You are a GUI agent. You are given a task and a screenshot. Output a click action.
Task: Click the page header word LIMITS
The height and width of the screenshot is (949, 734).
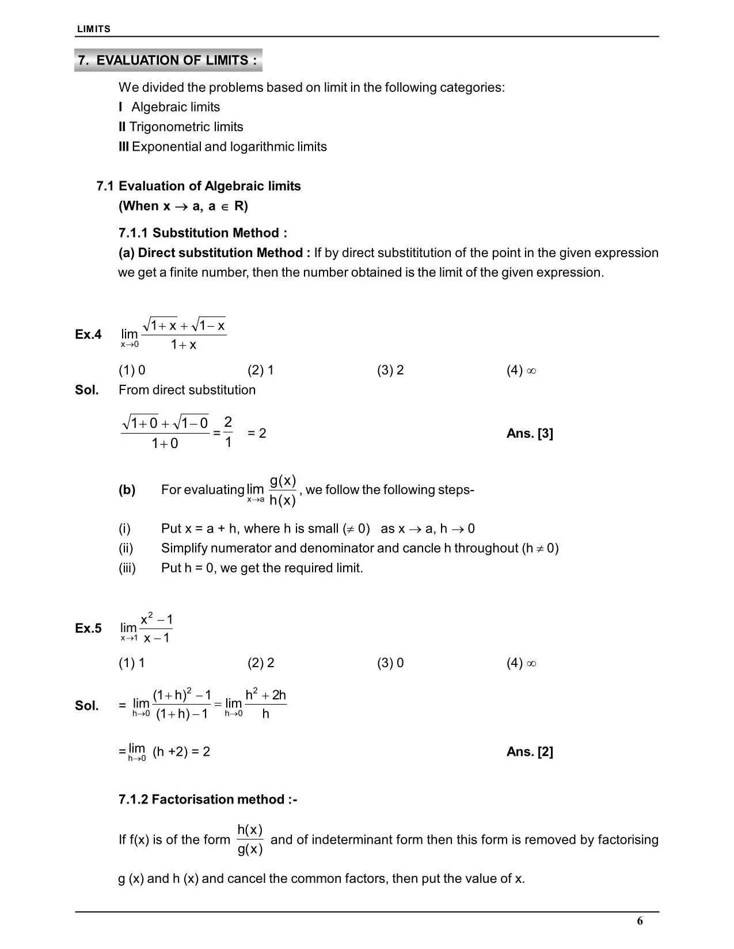[x=94, y=29]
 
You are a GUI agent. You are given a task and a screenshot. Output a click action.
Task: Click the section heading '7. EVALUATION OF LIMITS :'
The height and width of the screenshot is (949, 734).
[x=168, y=60]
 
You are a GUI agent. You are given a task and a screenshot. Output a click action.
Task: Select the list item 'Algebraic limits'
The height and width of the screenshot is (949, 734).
[x=175, y=107]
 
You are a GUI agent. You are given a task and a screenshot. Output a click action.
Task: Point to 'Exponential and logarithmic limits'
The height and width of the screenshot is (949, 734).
[x=229, y=147]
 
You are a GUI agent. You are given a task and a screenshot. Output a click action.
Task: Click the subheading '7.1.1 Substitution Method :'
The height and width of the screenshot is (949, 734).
[x=203, y=233]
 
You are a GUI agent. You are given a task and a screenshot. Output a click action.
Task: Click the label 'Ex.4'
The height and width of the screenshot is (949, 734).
[x=88, y=334]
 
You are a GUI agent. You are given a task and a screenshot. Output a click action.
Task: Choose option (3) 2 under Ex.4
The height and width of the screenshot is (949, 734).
[x=390, y=370]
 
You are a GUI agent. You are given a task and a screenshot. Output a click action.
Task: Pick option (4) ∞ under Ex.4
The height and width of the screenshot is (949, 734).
[x=521, y=370]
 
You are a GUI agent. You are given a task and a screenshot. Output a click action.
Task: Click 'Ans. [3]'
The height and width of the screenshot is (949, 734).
[x=530, y=434]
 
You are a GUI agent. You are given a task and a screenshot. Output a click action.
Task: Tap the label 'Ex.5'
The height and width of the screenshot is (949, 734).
[x=88, y=628]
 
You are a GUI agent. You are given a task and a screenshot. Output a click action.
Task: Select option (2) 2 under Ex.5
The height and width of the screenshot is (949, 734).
[x=261, y=663]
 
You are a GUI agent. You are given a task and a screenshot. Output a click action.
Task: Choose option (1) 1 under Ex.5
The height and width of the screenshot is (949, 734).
[x=132, y=663]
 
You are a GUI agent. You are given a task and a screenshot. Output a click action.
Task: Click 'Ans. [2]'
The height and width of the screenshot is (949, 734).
[x=530, y=752]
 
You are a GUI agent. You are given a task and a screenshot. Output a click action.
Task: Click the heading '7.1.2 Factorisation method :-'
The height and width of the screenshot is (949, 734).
[x=208, y=799]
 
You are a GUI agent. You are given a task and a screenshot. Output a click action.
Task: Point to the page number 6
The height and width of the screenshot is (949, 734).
[x=640, y=921]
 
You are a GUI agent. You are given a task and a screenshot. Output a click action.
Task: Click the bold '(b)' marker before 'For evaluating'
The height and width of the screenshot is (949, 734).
[x=127, y=490]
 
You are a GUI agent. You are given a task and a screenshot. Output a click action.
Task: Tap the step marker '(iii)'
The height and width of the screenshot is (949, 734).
[x=127, y=568]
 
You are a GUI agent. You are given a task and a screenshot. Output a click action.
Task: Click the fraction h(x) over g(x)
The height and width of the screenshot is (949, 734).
[x=250, y=840]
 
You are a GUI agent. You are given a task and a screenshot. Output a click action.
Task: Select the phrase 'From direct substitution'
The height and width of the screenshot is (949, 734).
[x=187, y=390]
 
